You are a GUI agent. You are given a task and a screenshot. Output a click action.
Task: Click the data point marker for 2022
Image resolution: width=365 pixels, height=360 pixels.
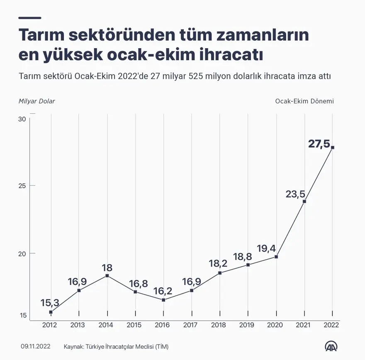click(333, 147)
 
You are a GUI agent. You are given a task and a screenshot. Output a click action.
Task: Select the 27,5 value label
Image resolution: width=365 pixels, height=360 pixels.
click(319, 144)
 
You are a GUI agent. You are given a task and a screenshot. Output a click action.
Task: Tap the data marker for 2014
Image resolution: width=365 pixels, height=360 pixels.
click(107, 276)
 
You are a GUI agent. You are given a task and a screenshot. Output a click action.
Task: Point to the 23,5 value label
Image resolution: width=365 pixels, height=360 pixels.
click(295, 194)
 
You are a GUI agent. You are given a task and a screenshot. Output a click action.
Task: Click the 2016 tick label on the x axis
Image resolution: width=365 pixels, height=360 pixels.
click(162, 325)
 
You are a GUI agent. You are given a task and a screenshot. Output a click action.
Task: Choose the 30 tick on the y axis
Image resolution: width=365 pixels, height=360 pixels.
click(22, 119)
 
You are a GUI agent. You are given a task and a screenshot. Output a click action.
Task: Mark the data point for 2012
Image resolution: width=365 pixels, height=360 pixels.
click(51, 312)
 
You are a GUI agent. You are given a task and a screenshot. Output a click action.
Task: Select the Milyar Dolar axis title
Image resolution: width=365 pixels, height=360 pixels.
click(36, 101)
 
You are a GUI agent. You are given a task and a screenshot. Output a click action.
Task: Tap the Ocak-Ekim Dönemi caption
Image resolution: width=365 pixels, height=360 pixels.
click(304, 101)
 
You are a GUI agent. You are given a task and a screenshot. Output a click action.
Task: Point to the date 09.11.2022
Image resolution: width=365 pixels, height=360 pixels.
click(35, 346)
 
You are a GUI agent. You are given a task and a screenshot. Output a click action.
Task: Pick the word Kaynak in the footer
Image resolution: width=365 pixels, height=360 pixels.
click(73, 346)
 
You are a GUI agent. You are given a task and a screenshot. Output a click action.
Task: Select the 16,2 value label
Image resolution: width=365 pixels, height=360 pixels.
click(163, 290)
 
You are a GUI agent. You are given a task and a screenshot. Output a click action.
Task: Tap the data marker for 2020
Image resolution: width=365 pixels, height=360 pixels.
click(276, 257)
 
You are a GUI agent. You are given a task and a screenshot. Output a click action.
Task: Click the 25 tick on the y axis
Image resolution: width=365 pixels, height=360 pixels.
click(22, 186)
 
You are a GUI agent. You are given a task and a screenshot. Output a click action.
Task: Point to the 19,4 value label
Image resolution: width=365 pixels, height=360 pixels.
click(266, 248)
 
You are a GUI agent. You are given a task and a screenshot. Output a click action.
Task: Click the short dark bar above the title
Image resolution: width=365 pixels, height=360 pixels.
click(30, 18)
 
